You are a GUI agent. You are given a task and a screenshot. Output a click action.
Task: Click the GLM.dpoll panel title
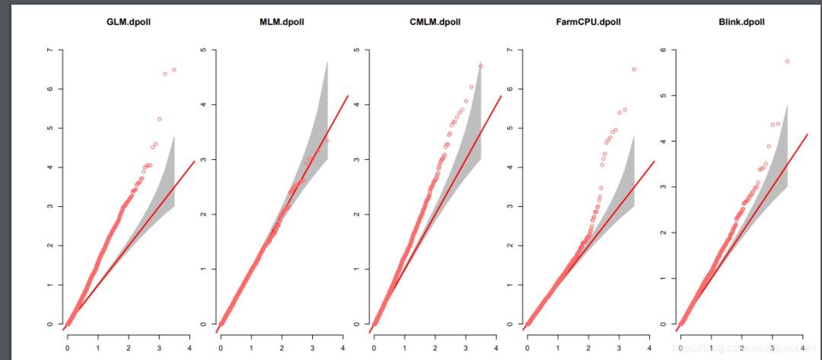[129, 22]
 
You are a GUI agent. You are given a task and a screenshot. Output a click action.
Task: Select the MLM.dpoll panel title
[282, 22]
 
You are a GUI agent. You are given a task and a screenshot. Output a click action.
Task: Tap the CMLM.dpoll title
[435, 22]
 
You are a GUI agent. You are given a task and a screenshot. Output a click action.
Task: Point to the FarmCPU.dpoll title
[588, 22]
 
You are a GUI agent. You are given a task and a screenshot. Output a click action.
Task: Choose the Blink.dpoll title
[741, 22]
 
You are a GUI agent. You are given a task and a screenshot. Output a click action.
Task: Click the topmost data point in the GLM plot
[174, 70]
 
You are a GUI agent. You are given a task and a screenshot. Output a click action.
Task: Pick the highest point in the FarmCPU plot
[634, 69]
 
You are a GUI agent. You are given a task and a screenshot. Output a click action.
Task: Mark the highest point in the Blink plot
[787, 62]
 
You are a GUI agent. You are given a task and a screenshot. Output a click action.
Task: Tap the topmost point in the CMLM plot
[480, 66]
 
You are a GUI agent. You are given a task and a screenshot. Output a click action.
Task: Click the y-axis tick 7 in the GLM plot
[50, 50]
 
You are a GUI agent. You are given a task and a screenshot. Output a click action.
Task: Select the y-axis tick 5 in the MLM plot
[203, 50]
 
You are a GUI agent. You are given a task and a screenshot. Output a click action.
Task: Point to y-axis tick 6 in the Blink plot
[662, 50]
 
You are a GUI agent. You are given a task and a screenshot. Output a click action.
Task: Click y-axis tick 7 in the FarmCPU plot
[509, 50]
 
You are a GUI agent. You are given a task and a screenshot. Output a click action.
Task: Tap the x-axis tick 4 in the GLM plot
[190, 349]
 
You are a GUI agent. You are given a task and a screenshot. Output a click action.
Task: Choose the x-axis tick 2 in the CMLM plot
[435, 349]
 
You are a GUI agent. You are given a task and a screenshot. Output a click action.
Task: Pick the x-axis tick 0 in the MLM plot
[221, 349]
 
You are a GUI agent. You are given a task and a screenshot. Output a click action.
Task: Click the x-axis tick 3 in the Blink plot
[771, 349]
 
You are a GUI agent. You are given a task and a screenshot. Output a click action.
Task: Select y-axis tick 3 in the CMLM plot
[356, 160]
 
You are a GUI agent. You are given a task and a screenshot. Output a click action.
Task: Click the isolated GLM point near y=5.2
[160, 119]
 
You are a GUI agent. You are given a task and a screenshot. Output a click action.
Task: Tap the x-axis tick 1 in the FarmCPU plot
[557, 349]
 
